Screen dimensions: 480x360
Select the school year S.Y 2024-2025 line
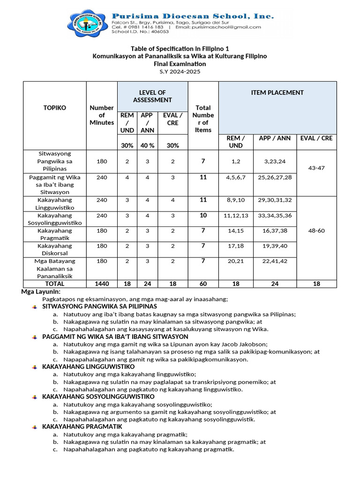click(x=180, y=71)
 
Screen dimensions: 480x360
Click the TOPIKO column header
click(x=54, y=107)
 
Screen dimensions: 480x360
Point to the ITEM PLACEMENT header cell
click(x=277, y=93)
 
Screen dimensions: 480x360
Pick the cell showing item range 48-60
click(x=320, y=231)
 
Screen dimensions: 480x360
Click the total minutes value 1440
click(x=102, y=284)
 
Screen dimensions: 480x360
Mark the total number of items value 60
click(x=203, y=284)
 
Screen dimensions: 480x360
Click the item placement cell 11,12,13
click(x=236, y=215)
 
